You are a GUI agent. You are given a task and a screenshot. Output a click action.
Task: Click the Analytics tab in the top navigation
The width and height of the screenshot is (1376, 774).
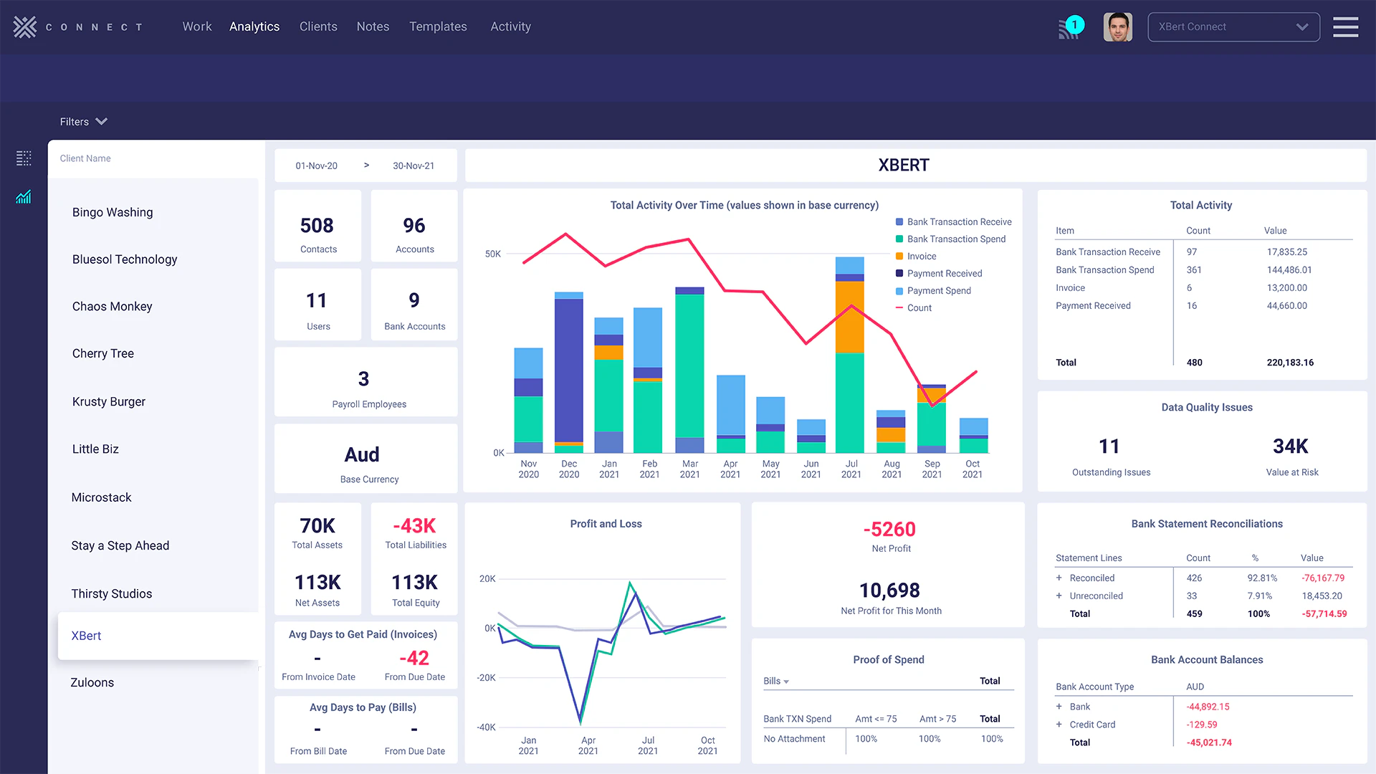pos(254,27)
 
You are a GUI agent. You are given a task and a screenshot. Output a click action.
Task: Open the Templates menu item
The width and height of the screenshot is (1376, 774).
pos(438,27)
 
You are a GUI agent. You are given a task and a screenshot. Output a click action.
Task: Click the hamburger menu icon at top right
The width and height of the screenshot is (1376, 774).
pos(1345,27)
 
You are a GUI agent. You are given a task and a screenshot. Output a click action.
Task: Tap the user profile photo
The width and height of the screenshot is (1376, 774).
pos(1117,27)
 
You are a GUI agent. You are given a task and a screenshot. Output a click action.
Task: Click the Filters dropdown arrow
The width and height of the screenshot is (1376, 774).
pos(102,121)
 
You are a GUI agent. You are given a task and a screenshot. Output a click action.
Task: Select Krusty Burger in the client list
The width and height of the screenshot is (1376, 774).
pos(109,401)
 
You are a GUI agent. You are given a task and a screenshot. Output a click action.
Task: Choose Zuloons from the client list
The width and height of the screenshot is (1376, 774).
pos(92,682)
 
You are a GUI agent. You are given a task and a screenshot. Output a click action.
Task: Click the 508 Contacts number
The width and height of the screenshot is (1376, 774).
pos(317,226)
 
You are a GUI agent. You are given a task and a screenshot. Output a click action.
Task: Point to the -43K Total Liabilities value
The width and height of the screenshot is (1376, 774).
pos(414,525)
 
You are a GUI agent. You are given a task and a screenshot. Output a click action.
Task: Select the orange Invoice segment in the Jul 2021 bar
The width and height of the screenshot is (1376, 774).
pos(850,316)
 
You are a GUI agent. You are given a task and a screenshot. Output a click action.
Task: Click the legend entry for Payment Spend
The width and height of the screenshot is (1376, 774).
pos(938,290)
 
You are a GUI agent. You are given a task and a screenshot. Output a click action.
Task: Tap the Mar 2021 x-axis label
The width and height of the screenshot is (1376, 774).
pos(689,469)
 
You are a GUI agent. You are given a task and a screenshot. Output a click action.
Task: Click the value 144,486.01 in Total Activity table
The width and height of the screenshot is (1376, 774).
pos(1289,269)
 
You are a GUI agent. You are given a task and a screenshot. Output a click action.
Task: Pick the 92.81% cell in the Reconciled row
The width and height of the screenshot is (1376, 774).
pos(1261,578)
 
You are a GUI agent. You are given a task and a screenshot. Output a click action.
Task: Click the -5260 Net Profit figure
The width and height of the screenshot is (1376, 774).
pos(889,529)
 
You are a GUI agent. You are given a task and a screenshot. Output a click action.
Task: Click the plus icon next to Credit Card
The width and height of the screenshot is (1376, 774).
pos(1059,725)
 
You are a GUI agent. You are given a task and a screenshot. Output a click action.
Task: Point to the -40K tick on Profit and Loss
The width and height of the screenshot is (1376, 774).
pos(486,727)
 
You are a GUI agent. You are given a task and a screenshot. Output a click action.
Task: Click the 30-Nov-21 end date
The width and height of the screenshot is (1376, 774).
pos(414,166)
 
